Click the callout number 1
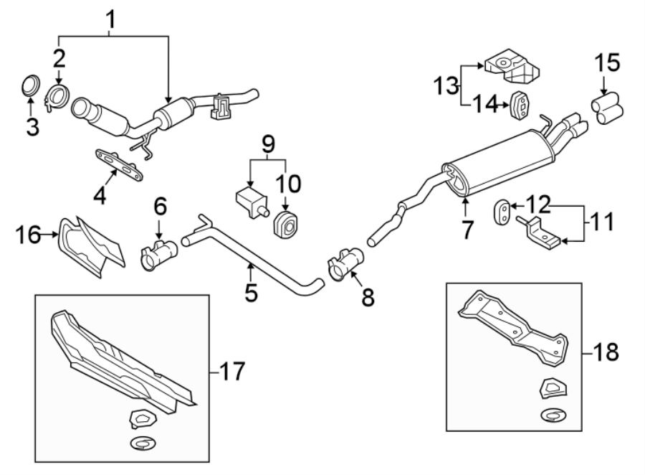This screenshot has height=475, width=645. tap(111, 22)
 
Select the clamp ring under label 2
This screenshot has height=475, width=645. tap(57, 98)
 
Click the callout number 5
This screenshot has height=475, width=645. tap(251, 293)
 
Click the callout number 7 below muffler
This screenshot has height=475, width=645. tap(467, 230)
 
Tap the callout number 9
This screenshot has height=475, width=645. tap(267, 146)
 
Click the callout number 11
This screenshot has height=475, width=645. tap(601, 222)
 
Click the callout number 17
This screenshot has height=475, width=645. tap(230, 371)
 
